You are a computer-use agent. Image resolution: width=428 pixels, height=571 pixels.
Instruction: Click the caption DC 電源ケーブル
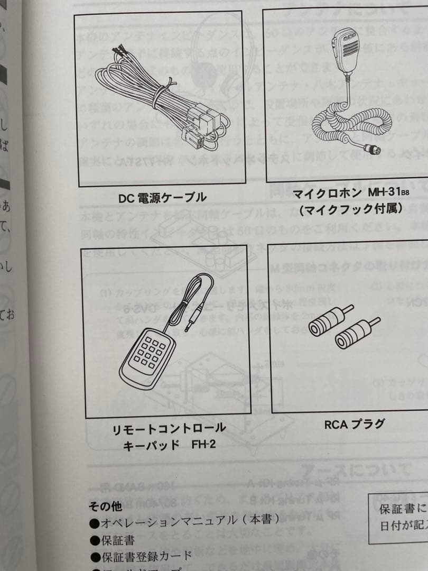[162, 199]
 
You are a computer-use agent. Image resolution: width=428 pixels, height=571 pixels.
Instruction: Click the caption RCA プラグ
[354, 424]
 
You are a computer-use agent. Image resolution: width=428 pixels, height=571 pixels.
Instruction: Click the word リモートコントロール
[169, 428]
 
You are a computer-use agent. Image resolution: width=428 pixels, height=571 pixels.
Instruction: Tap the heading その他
[105, 506]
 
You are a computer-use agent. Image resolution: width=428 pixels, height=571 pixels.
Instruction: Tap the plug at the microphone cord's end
[373, 149]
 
